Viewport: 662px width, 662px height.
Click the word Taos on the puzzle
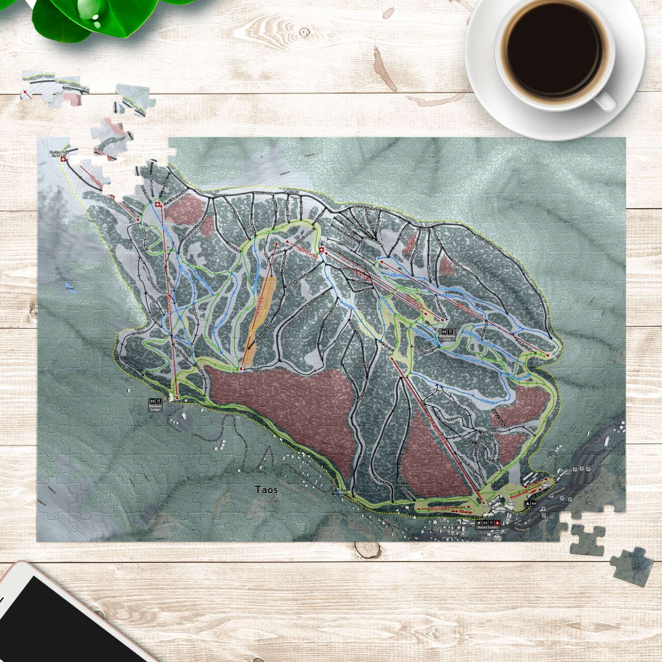point(266,489)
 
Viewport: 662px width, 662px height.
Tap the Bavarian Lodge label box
point(155,405)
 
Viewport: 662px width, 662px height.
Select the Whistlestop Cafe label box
point(447,335)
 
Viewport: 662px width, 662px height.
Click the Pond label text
point(70,289)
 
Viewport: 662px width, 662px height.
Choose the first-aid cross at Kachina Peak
point(64,159)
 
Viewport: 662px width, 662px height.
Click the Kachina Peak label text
point(58,153)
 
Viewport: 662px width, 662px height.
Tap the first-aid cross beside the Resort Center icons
point(497,523)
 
